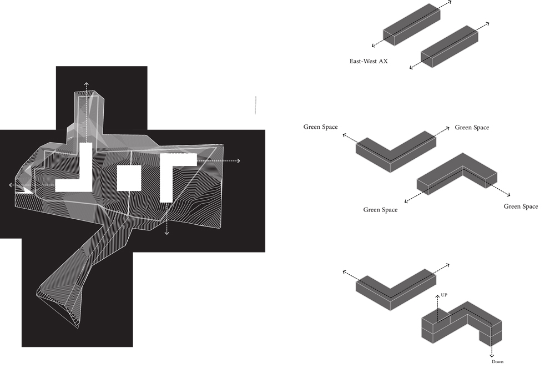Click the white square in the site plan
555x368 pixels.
point(129,178)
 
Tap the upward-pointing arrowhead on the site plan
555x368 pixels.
point(86,83)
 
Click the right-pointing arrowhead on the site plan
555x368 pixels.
point(238,161)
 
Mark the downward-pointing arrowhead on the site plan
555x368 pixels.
point(167,233)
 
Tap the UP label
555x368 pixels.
point(444,295)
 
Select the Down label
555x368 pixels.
point(498,362)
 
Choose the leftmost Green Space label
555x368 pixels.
point(320,127)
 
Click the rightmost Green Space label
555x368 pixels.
point(521,206)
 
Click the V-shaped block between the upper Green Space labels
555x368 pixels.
point(393,149)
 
